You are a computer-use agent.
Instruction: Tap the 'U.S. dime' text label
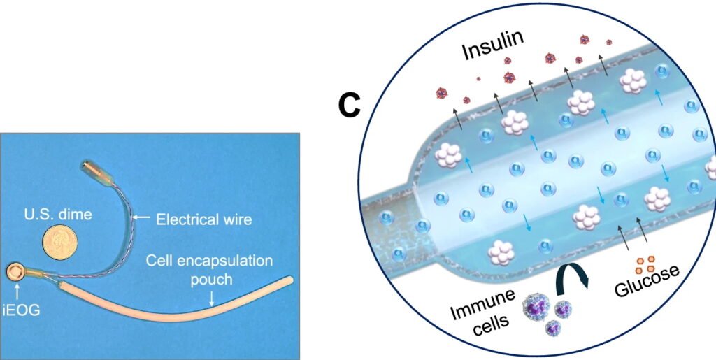[x=57, y=215]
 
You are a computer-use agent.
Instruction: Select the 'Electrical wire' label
[x=203, y=219]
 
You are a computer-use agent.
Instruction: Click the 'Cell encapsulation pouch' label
[x=209, y=271]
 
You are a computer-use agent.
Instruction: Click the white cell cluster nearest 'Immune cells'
[x=502, y=250]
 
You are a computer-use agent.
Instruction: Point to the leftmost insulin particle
[x=441, y=92]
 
